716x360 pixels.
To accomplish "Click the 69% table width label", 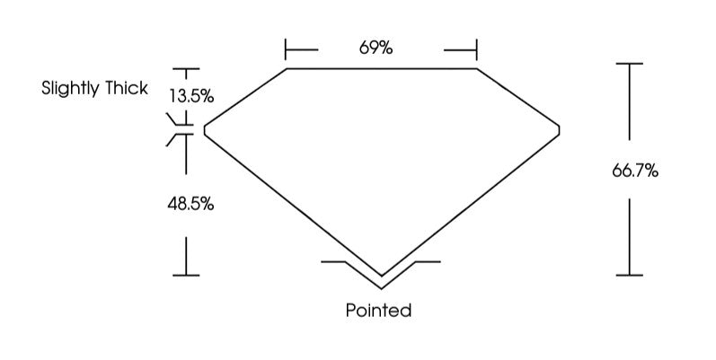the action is (x=376, y=48).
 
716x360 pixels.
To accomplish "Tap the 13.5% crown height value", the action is (x=191, y=96).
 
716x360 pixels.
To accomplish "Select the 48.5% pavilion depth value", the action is (x=190, y=204).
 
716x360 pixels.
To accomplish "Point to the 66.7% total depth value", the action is (x=635, y=171).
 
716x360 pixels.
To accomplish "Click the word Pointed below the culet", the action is (x=378, y=311).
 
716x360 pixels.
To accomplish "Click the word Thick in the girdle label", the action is (x=127, y=88).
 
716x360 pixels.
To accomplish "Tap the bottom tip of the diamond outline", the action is (x=382, y=277).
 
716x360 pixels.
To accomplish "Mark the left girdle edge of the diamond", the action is (x=205, y=130).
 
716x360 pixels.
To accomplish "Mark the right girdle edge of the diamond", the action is (x=559, y=130).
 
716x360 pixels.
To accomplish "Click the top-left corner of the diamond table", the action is (x=287, y=69).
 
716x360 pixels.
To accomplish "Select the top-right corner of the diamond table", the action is (x=477, y=69).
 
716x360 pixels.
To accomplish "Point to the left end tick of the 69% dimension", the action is (x=286, y=49).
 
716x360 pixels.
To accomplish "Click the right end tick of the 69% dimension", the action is (x=477, y=49).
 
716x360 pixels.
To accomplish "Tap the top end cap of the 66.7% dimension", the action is (x=629, y=64).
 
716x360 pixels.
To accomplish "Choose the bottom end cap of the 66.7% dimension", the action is (x=629, y=275).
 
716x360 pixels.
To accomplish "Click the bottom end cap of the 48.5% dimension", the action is (x=186, y=275).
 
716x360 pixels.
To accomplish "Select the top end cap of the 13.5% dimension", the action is (x=186, y=69).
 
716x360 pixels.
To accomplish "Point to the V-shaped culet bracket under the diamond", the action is (x=381, y=275).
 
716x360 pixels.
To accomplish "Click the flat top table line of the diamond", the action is (x=382, y=69).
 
